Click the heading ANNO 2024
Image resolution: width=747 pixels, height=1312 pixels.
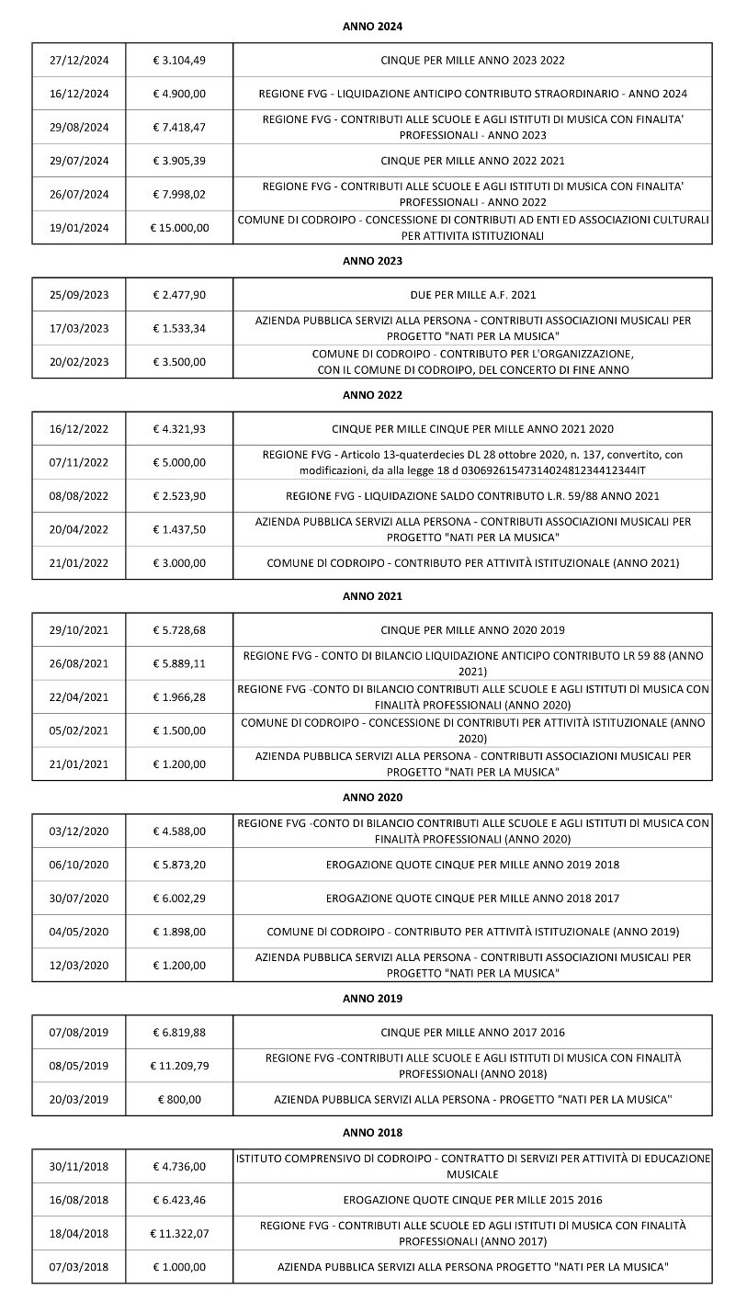[x=372, y=27]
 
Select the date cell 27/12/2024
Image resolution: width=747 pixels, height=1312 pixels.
[x=79, y=61]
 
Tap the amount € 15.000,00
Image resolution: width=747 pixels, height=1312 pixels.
[x=180, y=228]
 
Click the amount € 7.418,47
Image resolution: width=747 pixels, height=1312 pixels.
[x=180, y=128]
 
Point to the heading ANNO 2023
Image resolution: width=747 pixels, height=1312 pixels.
[x=372, y=261]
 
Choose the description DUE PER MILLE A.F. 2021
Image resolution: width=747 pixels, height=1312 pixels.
[x=472, y=295]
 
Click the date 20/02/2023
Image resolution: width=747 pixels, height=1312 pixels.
[x=79, y=362]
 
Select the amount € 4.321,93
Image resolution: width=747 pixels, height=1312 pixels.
[x=180, y=429]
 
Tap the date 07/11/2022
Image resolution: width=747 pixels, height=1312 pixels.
[x=79, y=462]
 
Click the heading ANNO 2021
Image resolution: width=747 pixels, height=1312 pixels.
[x=372, y=596]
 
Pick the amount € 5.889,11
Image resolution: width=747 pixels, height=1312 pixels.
[x=180, y=663]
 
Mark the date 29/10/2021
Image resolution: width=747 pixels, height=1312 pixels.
[x=79, y=630]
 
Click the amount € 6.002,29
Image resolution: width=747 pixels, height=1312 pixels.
[x=180, y=898]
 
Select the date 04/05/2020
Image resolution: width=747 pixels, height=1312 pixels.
[x=79, y=932]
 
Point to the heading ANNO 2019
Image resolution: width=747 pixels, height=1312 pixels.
[x=372, y=998]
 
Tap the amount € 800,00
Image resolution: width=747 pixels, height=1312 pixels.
[x=180, y=1099]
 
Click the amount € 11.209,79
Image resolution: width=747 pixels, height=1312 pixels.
[x=180, y=1066]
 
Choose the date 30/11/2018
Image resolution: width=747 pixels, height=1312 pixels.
[x=79, y=1167]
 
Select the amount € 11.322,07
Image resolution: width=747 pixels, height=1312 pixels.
[x=180, y=1234]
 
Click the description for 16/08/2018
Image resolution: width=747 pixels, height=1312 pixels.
[x=472, y=1200]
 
